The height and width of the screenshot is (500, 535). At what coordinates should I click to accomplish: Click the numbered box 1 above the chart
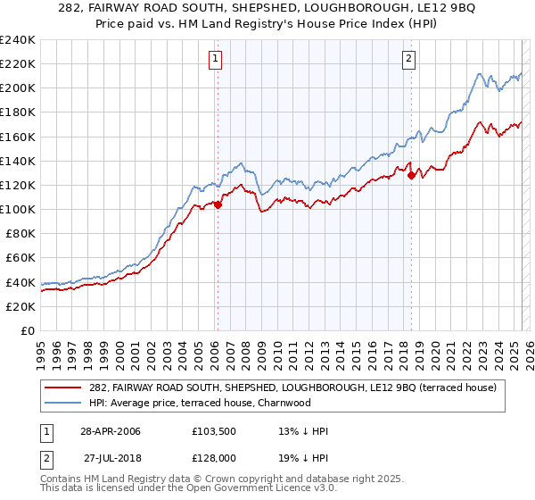[217, 60]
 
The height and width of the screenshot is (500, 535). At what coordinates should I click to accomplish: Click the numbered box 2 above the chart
[409, 60]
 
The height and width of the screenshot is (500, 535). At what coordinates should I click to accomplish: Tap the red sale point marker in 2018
[411, 175]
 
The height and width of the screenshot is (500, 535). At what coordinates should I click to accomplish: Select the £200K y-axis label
[18, 88]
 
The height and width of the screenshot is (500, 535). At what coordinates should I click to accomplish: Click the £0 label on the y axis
[27, 330]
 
